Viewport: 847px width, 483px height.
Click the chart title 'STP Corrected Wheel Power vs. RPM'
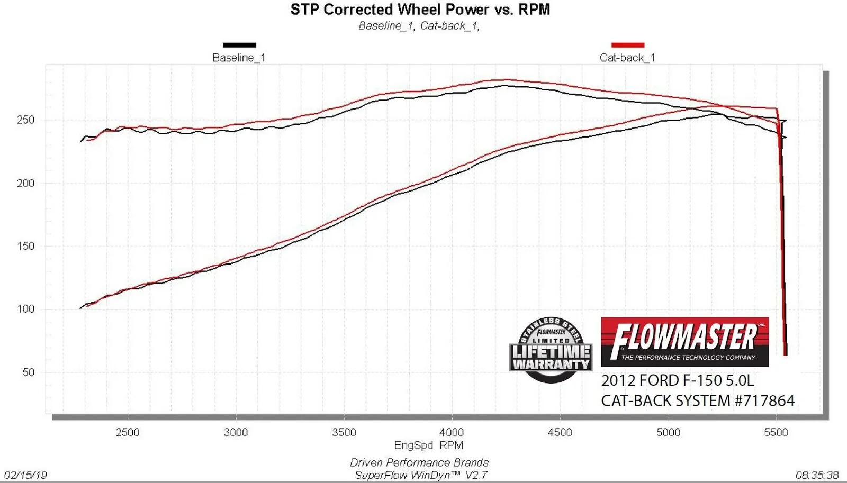420,10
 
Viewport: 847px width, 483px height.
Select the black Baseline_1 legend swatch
239,45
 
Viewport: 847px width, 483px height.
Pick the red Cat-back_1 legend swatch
628,45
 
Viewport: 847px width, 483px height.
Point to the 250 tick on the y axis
25,120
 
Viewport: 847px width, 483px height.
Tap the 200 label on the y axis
25,183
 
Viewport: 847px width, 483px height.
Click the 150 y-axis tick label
25,246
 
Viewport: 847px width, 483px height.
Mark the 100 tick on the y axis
25,309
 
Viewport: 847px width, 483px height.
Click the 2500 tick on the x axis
128,432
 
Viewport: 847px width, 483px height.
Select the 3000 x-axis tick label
236,432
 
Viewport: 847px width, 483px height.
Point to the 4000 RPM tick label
452,432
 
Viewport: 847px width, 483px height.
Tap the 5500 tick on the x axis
776,432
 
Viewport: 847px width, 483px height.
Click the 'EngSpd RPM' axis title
428,445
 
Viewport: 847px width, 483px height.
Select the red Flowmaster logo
684,342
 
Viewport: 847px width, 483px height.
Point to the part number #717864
764,400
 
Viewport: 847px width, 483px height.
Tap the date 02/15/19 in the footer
25,475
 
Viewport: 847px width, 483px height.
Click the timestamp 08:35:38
817,475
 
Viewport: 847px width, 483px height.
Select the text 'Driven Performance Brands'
419,463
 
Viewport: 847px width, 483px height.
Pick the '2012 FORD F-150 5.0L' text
678,380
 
